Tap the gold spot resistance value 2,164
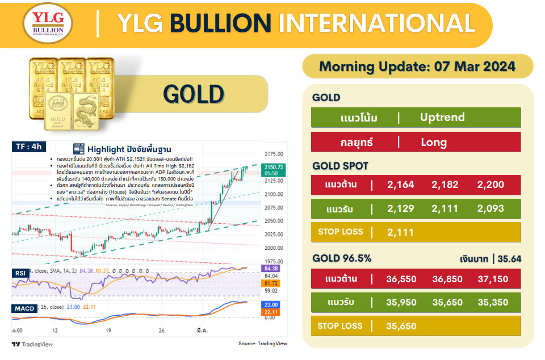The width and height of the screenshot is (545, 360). tap(401, 184)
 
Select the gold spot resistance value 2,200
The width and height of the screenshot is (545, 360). tap(491, 184)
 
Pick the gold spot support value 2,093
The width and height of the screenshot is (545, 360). tap(491, 208)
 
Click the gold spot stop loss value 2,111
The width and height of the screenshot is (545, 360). tap(401, 232)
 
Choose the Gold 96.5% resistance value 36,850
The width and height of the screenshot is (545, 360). tap(446, 279)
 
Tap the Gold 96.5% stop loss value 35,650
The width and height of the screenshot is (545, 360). tap(401, 326)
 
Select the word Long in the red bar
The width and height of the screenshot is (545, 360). tap(434, 142)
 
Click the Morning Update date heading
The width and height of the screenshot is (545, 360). tap(417, 66)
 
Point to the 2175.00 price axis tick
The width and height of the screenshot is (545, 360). tap(274, 154)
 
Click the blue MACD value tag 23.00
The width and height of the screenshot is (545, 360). tap(271, 304)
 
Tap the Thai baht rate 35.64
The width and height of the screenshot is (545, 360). tap(509, 259)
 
